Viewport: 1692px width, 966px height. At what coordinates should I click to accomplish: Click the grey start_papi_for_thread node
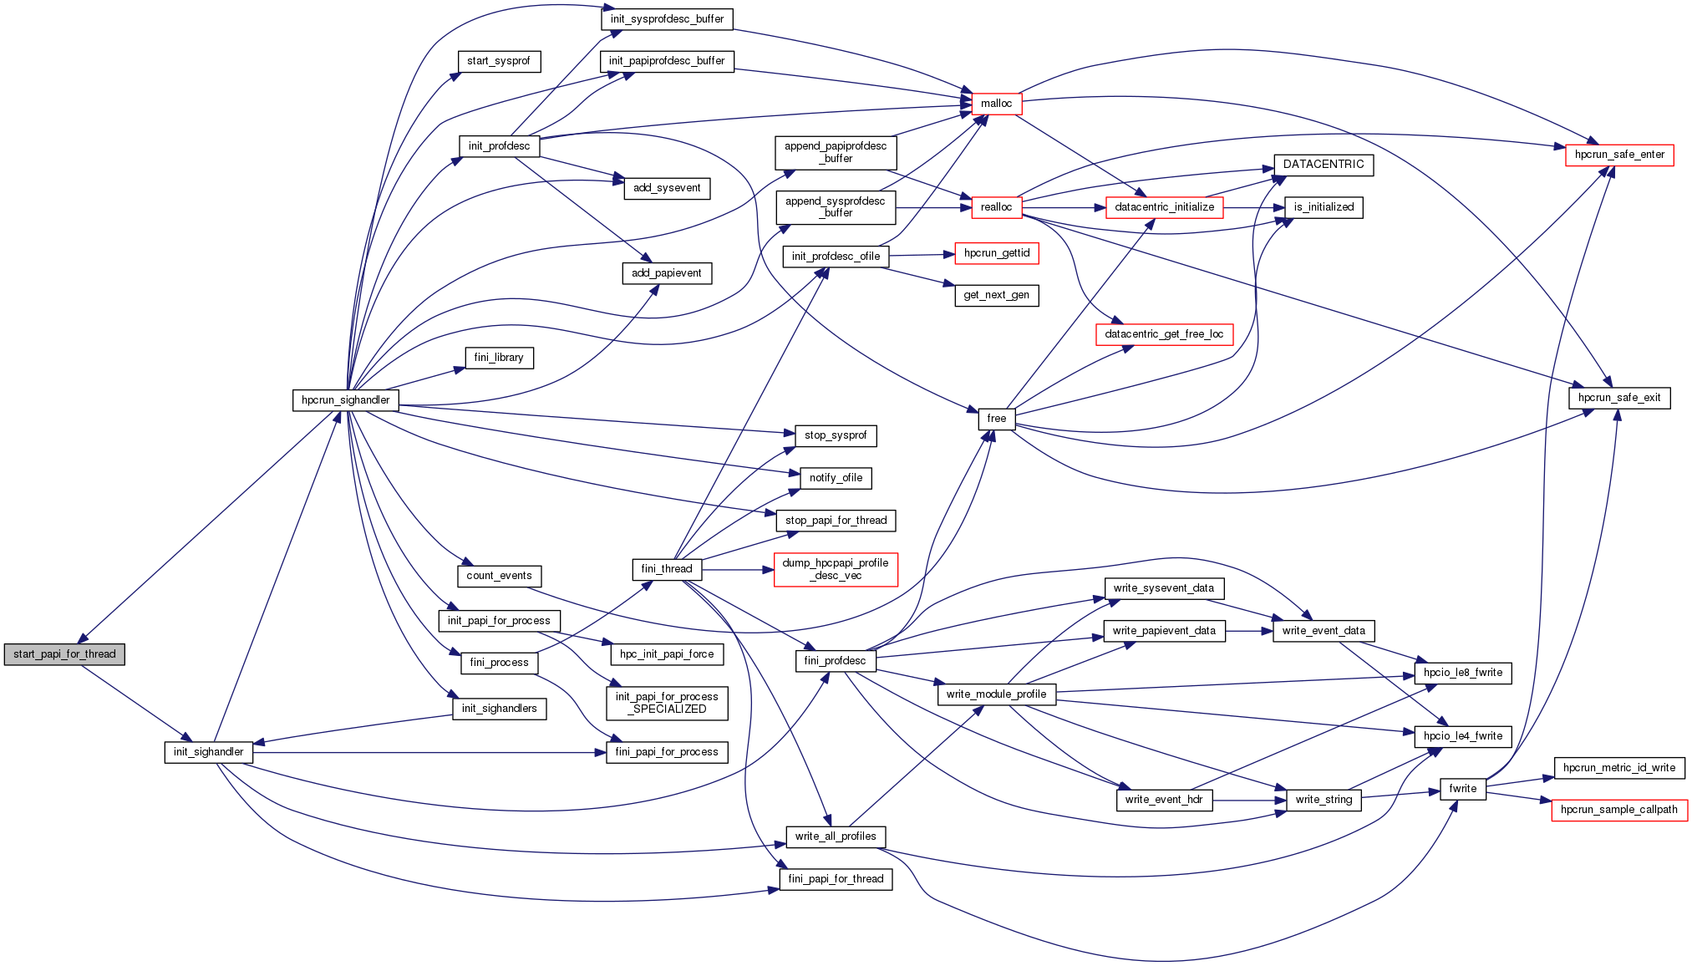click(x=64, y=654)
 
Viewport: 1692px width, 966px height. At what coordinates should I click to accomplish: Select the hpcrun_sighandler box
click(x=345, y=400)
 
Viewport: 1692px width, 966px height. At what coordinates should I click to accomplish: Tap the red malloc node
click(x=996, y=104)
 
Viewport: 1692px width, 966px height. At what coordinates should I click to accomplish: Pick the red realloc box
click(x=996, y=207)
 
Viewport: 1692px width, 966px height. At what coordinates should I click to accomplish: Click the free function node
click(x=996, y=419)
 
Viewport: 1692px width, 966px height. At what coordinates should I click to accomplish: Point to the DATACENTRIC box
click(x=1323, y=165)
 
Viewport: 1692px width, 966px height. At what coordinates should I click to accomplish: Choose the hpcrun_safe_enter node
click(x=1618, y=155)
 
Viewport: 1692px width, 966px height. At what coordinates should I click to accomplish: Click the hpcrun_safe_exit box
click(x=1618, y=398)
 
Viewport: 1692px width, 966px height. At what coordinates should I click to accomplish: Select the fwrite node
click(x=1462, y=789)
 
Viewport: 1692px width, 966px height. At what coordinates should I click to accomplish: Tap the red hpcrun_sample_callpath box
click(x=1618, y=810)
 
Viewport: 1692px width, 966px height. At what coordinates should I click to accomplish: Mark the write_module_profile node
click(x=996, y=694)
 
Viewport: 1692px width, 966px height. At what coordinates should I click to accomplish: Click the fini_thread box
click(x=666, y=569)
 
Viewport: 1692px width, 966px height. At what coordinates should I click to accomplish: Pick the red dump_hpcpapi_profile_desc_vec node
click(x=836, y=569)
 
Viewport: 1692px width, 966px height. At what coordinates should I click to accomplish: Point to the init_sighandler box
click(x=208, y=752)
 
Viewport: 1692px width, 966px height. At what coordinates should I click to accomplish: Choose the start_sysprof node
click(x=499, y=61)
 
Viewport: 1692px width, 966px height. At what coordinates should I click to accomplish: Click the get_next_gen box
click(x=996, y=295)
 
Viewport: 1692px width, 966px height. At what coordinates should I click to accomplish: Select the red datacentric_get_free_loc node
click(x=1163, y=334)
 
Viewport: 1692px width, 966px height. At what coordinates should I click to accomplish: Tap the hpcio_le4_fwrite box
click(x=1462, y=736)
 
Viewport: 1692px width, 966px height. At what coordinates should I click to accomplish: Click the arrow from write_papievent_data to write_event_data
click(x=1248, y=631)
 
